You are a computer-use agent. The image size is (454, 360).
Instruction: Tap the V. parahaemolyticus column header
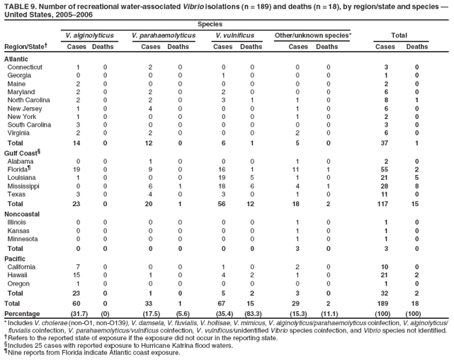[163, 35]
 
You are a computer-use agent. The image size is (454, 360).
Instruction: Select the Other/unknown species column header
[308, 35]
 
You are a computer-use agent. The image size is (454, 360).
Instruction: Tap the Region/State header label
[25, 46]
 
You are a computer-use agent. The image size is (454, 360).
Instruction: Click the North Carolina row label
[31, 100]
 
